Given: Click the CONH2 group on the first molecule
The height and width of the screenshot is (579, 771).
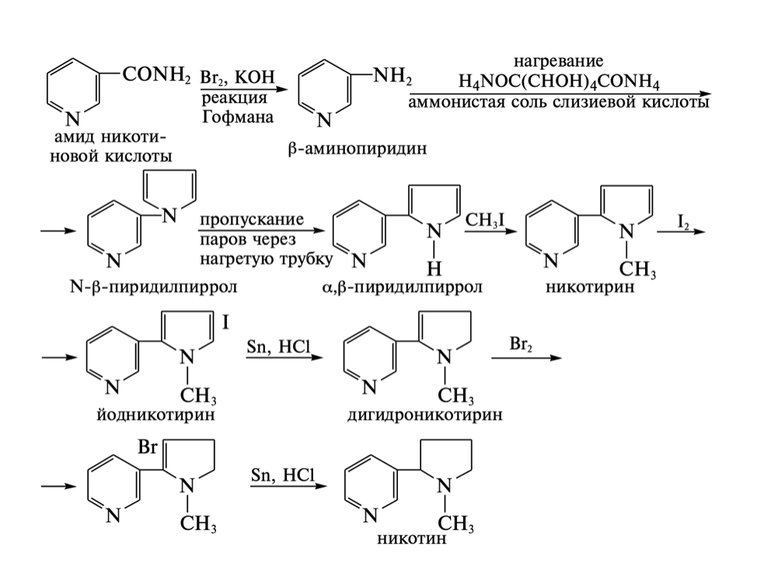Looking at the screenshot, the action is [x=156, y=75].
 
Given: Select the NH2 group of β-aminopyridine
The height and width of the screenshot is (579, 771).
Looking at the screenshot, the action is [x=392, y=76].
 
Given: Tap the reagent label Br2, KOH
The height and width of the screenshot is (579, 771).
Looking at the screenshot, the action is [x=238, y=77].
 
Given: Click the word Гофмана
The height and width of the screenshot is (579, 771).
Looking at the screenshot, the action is [x=238, y=117].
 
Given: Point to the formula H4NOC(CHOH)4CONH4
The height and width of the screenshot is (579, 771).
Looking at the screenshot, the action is [x=559, y=81].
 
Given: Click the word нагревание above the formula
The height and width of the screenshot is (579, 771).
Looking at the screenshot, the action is [x=559, y=61].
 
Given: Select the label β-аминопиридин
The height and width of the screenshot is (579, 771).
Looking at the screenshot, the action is [x=358, y=148].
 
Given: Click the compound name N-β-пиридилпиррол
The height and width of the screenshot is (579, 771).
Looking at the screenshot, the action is [x=153, y=286].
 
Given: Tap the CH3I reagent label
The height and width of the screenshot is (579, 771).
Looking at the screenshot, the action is [x=485, y=220].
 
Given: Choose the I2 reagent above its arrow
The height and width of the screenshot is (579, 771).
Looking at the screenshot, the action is [x=683, y=221].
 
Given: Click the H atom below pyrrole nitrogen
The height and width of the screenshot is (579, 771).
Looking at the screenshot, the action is [x=434, y=268].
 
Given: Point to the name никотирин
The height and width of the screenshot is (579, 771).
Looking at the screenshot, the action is [x=590, y=286].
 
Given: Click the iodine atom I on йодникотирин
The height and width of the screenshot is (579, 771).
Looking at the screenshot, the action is [x=225, y=322].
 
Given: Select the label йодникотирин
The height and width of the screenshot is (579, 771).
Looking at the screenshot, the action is [x=156, y=414].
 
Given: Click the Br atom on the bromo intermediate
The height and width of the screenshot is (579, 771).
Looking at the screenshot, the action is [x=148, y=447].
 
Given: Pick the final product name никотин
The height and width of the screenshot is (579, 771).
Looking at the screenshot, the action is [x=412, y=539].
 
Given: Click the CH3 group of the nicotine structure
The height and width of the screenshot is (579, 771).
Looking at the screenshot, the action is [x=455, y=524].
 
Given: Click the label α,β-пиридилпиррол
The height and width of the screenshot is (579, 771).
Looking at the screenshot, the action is [x=403, y=287].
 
